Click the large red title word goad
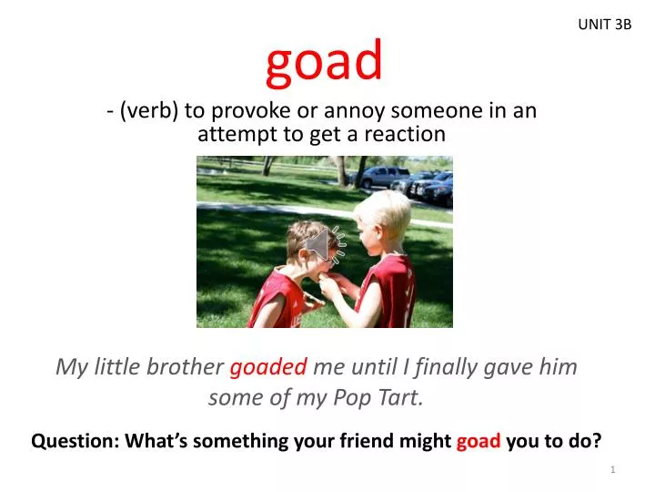click(325, 61)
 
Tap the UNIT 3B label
click(604, 25)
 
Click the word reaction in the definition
click(405, 135)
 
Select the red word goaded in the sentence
click(268, 367)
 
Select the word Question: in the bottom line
click(75, 442)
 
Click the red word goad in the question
click(479, 442)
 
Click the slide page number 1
click(614, 469)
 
